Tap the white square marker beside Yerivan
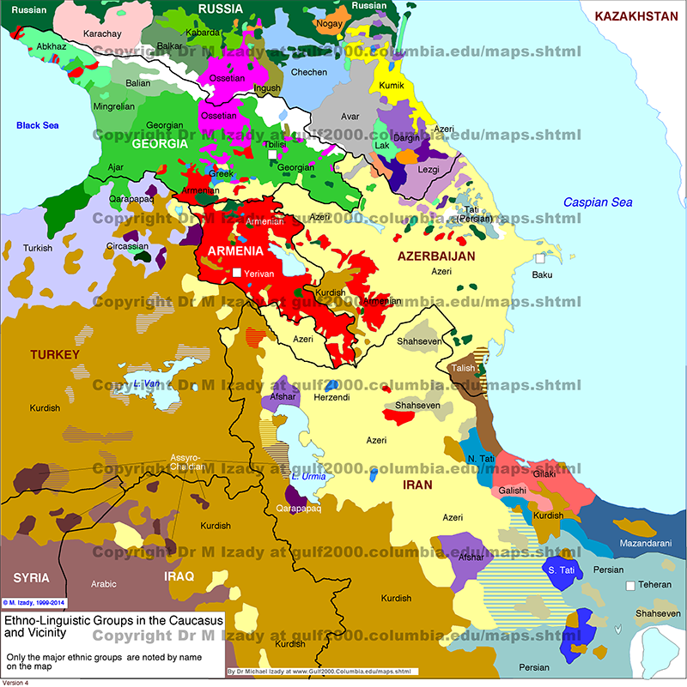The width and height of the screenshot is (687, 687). (x=237, y=273)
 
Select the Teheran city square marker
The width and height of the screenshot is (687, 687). (x=631, y=586)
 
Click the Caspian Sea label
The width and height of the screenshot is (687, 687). (x=598, y=202)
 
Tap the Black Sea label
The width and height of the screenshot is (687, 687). (x=38, y=126)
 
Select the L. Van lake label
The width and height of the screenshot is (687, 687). (x=147, y=383)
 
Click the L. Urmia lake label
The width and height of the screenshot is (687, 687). (x=306, y=476)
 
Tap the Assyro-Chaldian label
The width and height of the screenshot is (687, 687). (x=187, y=461)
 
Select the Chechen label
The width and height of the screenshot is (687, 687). (x=309, y=72)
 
